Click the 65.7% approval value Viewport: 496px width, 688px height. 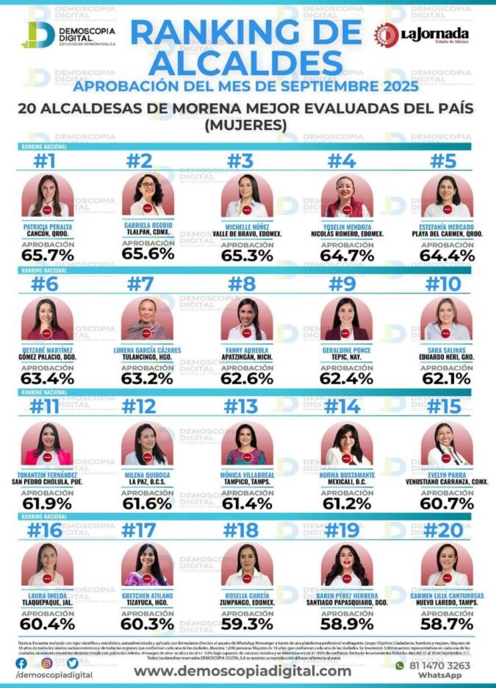(47, 256)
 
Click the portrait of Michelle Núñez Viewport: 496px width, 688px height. (248, 196)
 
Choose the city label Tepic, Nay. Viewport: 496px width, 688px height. (346, 359)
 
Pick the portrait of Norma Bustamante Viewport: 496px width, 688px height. (347, 444)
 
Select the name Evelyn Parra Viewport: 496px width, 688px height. (447, 475)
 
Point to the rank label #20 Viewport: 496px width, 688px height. (444, 530)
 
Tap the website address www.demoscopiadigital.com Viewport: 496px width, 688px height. (242, 670)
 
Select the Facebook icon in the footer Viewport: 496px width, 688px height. (21, 663)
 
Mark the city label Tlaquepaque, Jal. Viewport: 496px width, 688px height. (47, 604)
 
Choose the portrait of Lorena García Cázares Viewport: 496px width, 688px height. (148, 319)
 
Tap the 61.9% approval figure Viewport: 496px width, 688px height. (47, 502)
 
